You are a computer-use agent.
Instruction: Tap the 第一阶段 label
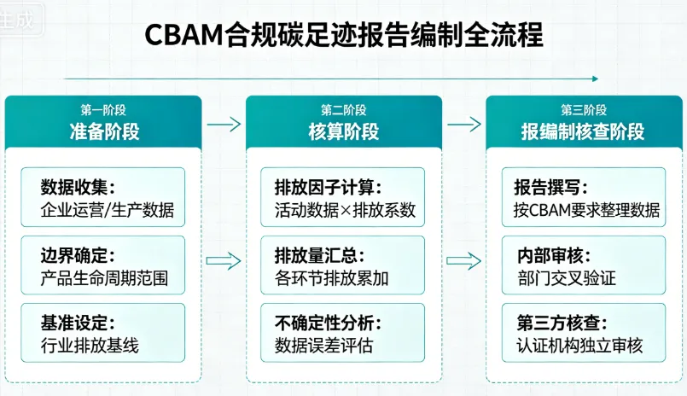click(104, 110)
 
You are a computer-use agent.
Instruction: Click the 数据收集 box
click(104, 198)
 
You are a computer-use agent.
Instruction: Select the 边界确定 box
click(104, 265)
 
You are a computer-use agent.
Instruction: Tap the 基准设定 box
click(104, 334)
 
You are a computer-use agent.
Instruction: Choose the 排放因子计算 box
click(344, 198)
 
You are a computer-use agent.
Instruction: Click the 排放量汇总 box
click(344, 265)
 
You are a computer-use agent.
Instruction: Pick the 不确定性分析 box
click(344, 334)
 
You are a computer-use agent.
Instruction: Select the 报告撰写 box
click(584, 198)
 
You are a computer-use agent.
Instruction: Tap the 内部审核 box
click(584, 265)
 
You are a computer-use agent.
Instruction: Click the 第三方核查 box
click(584, 334)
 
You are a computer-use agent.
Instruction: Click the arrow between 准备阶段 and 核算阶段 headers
click(224, 124)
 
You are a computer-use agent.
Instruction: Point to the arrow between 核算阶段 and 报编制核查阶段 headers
click(463, 124)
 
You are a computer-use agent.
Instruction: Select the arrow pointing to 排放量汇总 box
click(224, 260)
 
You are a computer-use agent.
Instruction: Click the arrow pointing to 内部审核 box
click(463, 260)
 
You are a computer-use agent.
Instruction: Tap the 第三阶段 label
click(583, 110)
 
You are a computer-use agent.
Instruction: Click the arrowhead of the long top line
click(595, 79)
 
